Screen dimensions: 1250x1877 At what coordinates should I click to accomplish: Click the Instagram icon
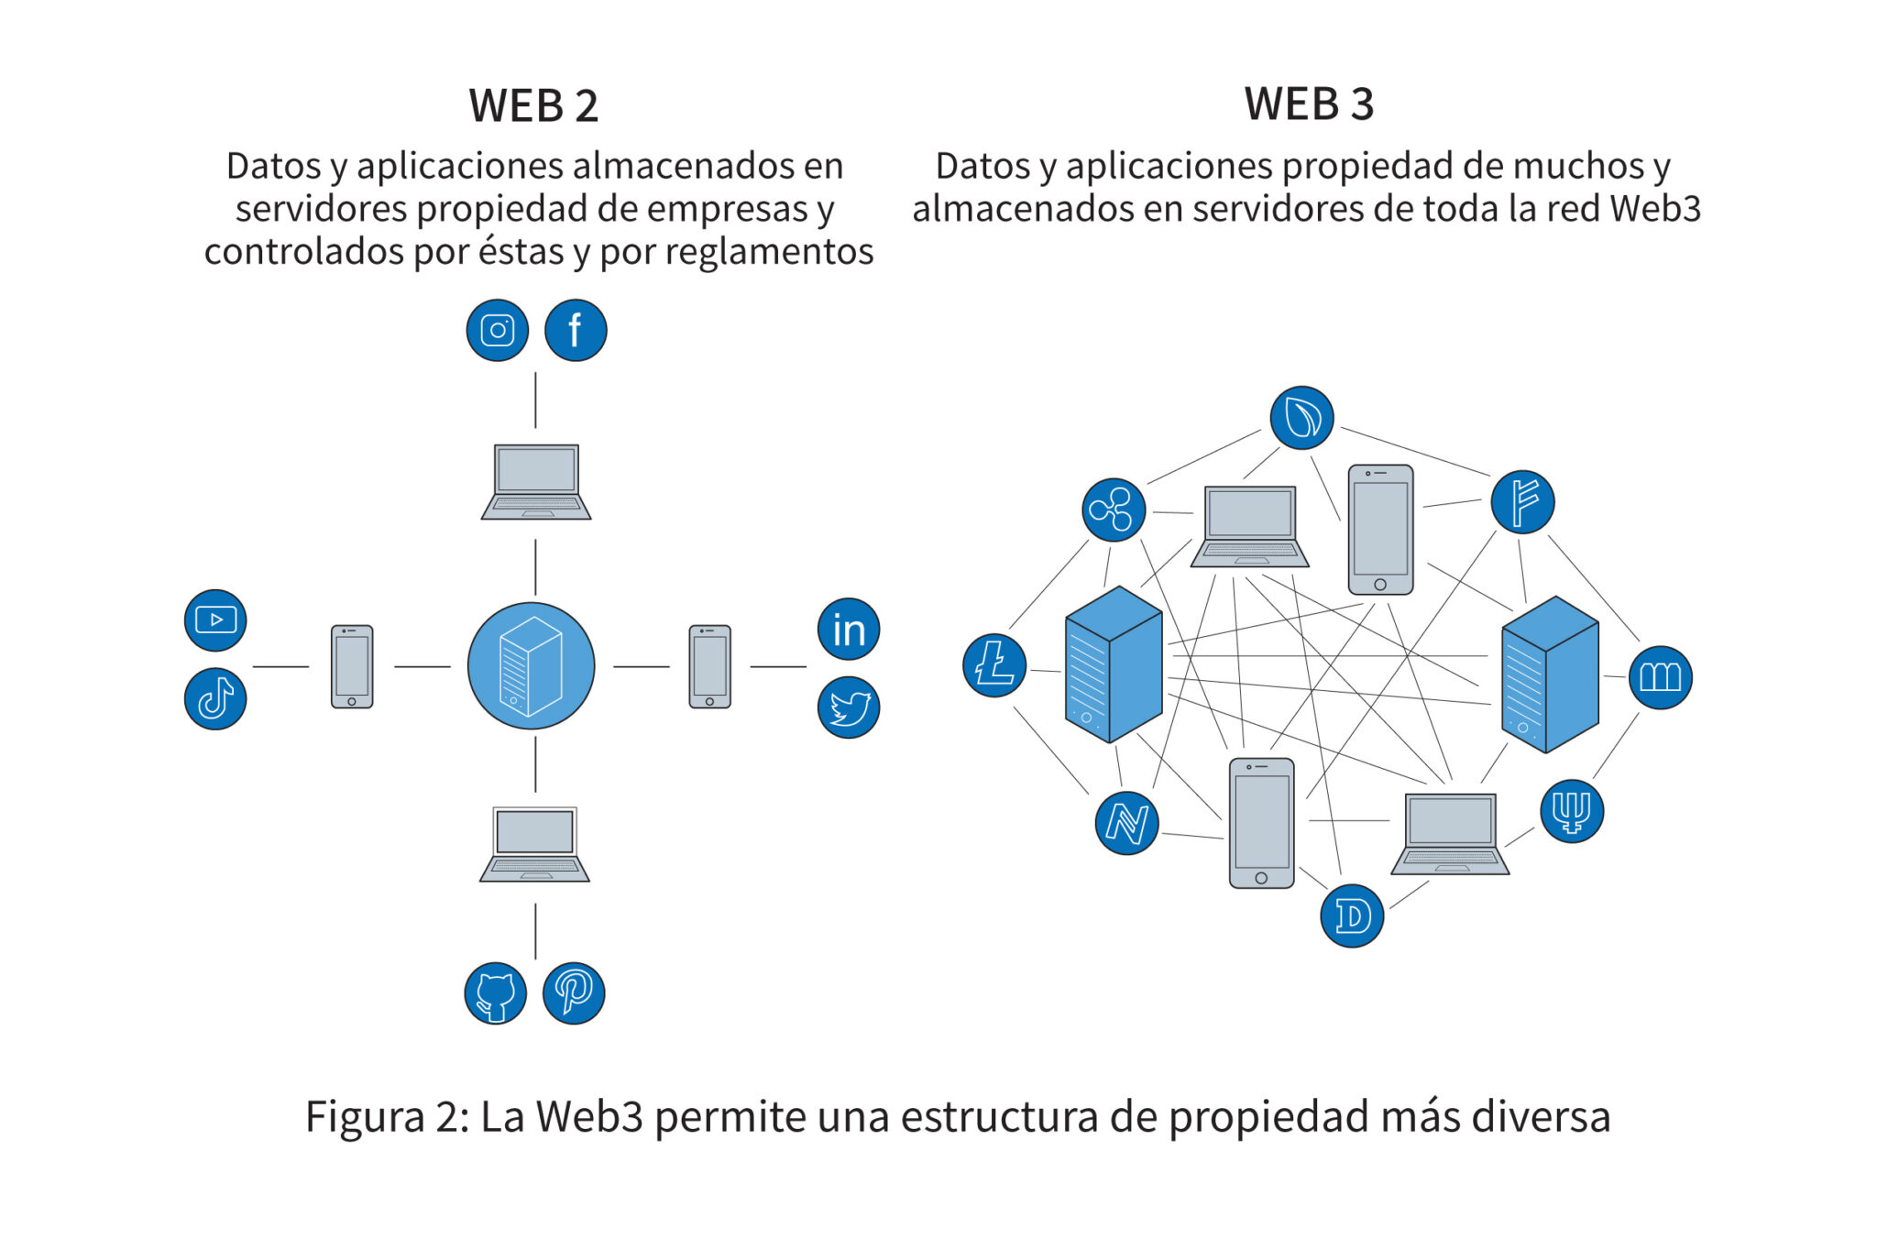497,330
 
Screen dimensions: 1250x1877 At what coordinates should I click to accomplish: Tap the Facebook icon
576,330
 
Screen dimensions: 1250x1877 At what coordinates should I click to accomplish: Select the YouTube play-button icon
215,620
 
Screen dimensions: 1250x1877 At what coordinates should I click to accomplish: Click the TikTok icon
215,698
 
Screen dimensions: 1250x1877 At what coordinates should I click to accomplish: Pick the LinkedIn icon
849,630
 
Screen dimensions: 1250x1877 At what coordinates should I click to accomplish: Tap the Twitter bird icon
849,707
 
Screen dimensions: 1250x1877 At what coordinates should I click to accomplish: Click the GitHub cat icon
496,993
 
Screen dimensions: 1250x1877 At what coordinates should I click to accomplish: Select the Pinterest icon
574,993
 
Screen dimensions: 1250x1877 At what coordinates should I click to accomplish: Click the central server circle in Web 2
532,666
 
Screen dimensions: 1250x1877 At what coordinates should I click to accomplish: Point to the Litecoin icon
994,665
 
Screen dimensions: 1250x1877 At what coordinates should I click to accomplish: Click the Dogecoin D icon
1352,916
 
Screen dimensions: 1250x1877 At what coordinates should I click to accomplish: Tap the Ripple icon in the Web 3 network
1114,510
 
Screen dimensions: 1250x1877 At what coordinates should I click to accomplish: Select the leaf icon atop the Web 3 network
1301,418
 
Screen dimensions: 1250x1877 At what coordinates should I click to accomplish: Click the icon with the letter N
1126,823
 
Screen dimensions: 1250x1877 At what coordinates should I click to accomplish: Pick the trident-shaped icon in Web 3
1572,811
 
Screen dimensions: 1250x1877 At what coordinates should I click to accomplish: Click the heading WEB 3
1309,104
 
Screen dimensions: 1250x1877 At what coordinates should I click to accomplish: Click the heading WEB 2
533,106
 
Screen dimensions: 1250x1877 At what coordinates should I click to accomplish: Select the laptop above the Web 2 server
536,482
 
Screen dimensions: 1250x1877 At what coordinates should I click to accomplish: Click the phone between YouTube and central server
352,666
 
